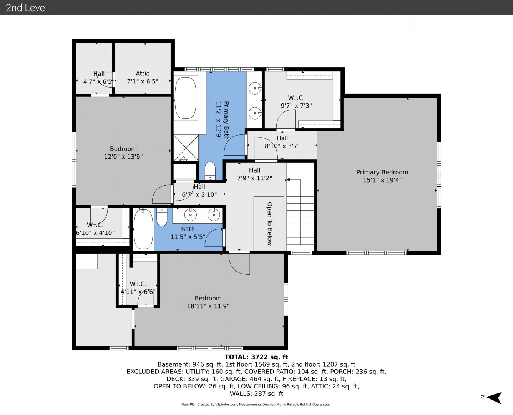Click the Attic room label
point(142,73)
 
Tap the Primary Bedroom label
point(382,172)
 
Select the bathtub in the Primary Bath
point(186,98)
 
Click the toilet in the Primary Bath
point(210,171)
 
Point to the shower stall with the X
point(186,148)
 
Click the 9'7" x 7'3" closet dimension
point(296,106)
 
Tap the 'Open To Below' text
point(269,224)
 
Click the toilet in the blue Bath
point(162,217)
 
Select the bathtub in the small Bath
point(143,229)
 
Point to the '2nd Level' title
point(26,8)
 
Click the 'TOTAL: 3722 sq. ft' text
point(256,357)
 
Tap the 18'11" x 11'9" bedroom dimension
point(208,306)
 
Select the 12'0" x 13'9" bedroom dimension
point(123,156)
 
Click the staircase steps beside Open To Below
point(300,224)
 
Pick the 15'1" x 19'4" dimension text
point(382,180)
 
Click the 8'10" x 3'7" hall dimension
point(282,146)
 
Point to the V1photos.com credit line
point(256,404)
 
